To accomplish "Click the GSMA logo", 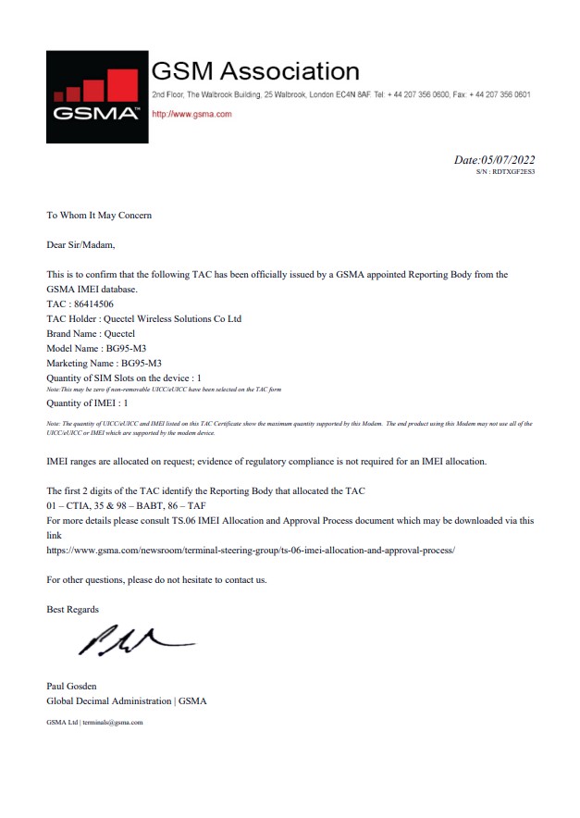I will pos(97,96).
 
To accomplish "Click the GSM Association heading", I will pos(254,71).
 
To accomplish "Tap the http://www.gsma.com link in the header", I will pos(191,114).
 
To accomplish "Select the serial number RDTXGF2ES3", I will pos(513,172).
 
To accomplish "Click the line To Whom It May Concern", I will pos(99,216).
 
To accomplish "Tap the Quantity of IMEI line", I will pos(87,403).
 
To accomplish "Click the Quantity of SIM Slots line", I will pos(123,378).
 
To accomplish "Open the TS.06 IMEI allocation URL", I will pos(251,550).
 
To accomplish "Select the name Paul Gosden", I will pos(72,686).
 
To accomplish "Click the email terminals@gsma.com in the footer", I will pos(112,722).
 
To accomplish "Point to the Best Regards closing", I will pos(72,609).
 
